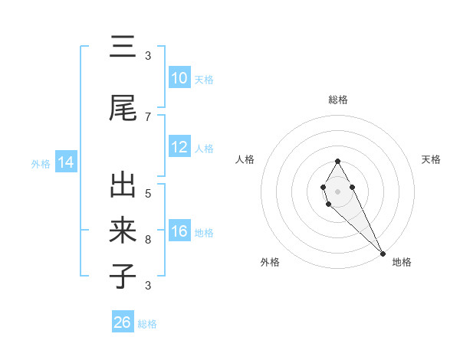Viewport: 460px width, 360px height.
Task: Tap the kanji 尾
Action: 123,109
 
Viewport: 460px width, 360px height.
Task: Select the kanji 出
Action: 123,186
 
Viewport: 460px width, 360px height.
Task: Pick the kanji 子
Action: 123,275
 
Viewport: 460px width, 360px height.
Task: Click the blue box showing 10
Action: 179,78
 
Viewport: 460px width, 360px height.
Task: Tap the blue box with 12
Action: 179,147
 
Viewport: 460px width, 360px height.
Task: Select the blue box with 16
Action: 179,232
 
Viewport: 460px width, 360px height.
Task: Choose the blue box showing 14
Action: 65,162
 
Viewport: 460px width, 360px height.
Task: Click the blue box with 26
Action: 123,322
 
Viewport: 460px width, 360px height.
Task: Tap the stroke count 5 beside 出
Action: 148,194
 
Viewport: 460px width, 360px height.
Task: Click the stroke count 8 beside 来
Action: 148,240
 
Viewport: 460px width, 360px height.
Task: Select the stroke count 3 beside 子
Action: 148,286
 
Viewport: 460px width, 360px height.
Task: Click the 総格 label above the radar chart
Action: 337,100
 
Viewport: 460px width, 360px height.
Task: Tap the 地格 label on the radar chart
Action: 402,263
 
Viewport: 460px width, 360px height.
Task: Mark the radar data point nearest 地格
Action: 383,253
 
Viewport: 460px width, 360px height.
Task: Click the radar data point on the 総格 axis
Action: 337,161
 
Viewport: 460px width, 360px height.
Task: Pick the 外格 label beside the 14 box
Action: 41,163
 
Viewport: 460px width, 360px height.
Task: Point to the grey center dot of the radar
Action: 337,191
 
